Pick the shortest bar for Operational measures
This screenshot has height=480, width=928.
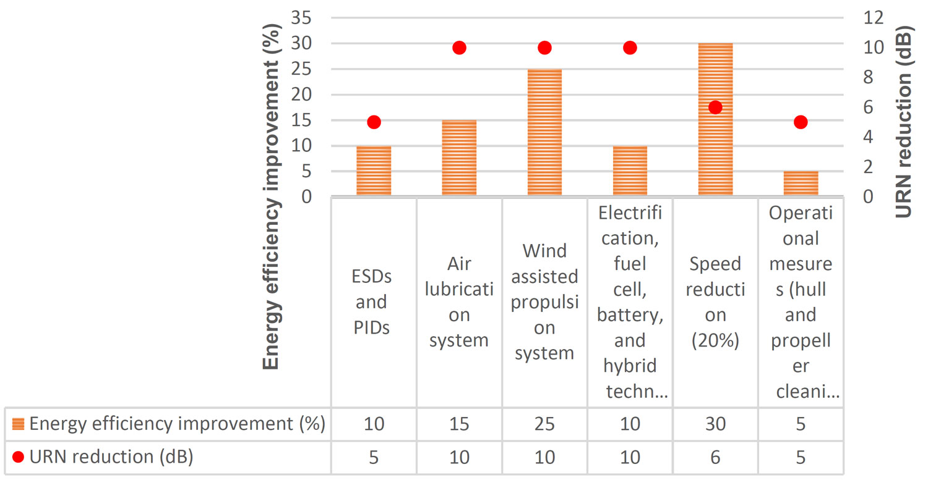pos(801,184)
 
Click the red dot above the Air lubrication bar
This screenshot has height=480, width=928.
pos(459,48)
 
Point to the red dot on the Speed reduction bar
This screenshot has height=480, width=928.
pos(715,107)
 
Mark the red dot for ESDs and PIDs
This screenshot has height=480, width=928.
pos(374,122)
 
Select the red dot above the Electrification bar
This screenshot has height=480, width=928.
pos(630,48)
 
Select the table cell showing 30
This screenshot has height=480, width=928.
pos(715,424)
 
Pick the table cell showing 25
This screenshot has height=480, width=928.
pos(544,424)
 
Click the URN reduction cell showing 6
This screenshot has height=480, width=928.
pos(715,458)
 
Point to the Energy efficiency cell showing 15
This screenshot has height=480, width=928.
pos(459,424)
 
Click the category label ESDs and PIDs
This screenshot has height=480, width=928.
pos(374,302)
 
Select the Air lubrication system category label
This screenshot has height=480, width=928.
pos(459,302)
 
